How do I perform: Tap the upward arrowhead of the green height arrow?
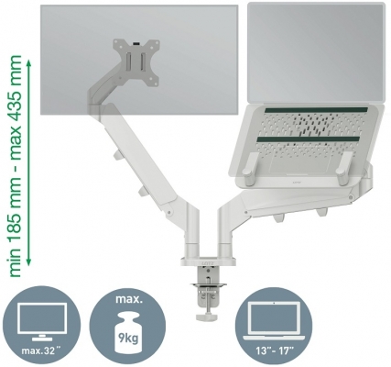tap(28, 64)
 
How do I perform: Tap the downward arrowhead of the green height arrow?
tap(28, 261)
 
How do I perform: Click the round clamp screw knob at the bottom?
tap(206, 317)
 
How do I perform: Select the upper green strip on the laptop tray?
tap(317, 110)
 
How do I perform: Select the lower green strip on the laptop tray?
tap(308, 139)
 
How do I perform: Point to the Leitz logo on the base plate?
tap(209, 261)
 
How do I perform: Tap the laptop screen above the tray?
tap(316, 52)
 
